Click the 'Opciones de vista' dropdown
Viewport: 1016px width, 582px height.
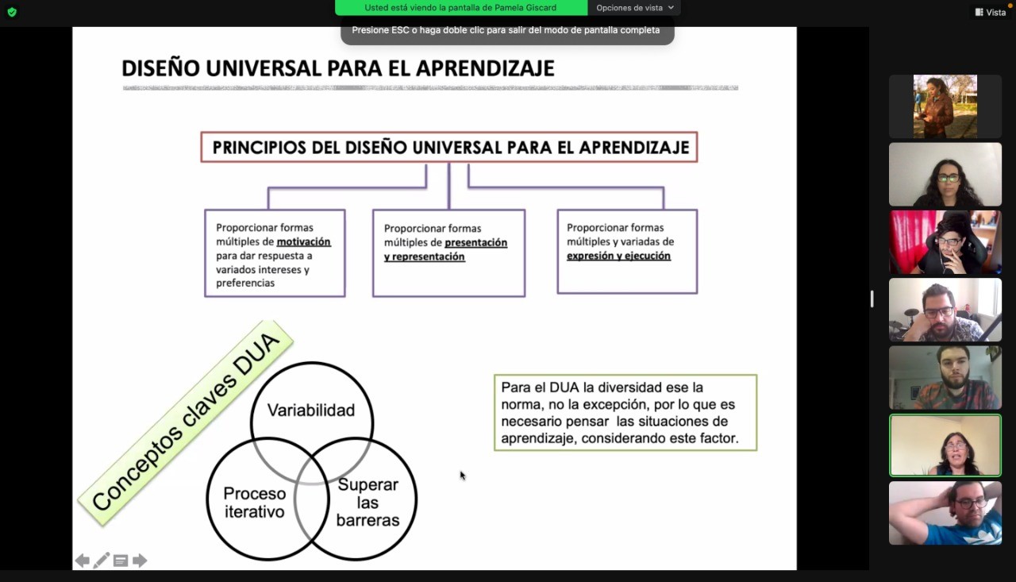(x=634, y=8)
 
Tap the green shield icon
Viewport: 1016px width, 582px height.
(x=11, y=12)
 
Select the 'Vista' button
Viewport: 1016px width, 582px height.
(x=991, y=12)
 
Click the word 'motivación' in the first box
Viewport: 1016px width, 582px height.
(x=303, y=241)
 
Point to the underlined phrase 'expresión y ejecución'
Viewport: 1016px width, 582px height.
(x=618, y=256)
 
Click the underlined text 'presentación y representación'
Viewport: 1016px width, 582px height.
(x=445, y=249)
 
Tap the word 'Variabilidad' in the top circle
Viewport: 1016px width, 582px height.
(x=311, y=410)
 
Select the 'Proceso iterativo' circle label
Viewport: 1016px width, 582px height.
(x=254, y=503)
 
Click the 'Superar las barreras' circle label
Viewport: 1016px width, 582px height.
(x=368, y=503)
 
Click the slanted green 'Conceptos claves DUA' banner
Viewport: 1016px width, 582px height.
(x=186, y=422)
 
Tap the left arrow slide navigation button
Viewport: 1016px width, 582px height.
(x=82, y=561)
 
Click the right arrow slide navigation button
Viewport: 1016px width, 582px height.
(x=140, y=561)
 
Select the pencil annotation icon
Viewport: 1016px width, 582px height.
(x=102, y=561)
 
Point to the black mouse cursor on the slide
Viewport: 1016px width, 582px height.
(x=462, y=475)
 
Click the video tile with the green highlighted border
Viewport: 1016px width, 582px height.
(x=945, y=445)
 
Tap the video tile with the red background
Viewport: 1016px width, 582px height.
(x=945, y=242)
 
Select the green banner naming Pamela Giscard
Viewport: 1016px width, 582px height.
(x=460, y=8)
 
